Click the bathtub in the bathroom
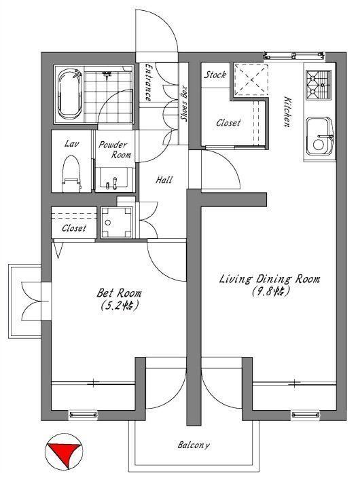point(70,94)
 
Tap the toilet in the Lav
point(71,174)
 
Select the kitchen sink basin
point(320,136)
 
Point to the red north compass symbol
point(64,451)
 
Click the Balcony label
point(194,445)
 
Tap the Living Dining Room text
point(270,279)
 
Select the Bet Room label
point(119,293)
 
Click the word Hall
point(164,180)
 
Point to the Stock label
point(215,75)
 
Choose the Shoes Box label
point(184,103)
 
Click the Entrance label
point(147,82)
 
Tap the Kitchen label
point(287,112)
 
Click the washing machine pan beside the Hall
point(117,223)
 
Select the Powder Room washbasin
point(115,179)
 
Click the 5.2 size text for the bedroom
point(120,306)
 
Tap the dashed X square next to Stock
point(251,79)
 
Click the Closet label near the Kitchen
point(228,123)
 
